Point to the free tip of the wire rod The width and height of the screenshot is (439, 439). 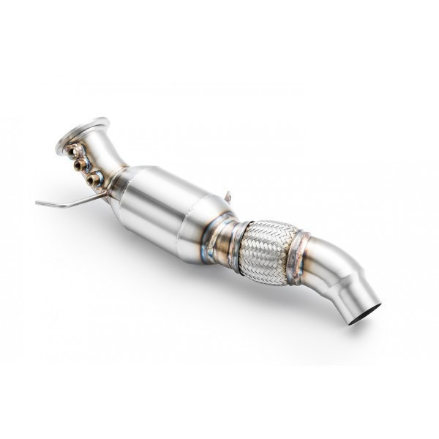[x=37, y=203]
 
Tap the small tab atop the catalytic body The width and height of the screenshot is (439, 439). [x=229, y=196]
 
